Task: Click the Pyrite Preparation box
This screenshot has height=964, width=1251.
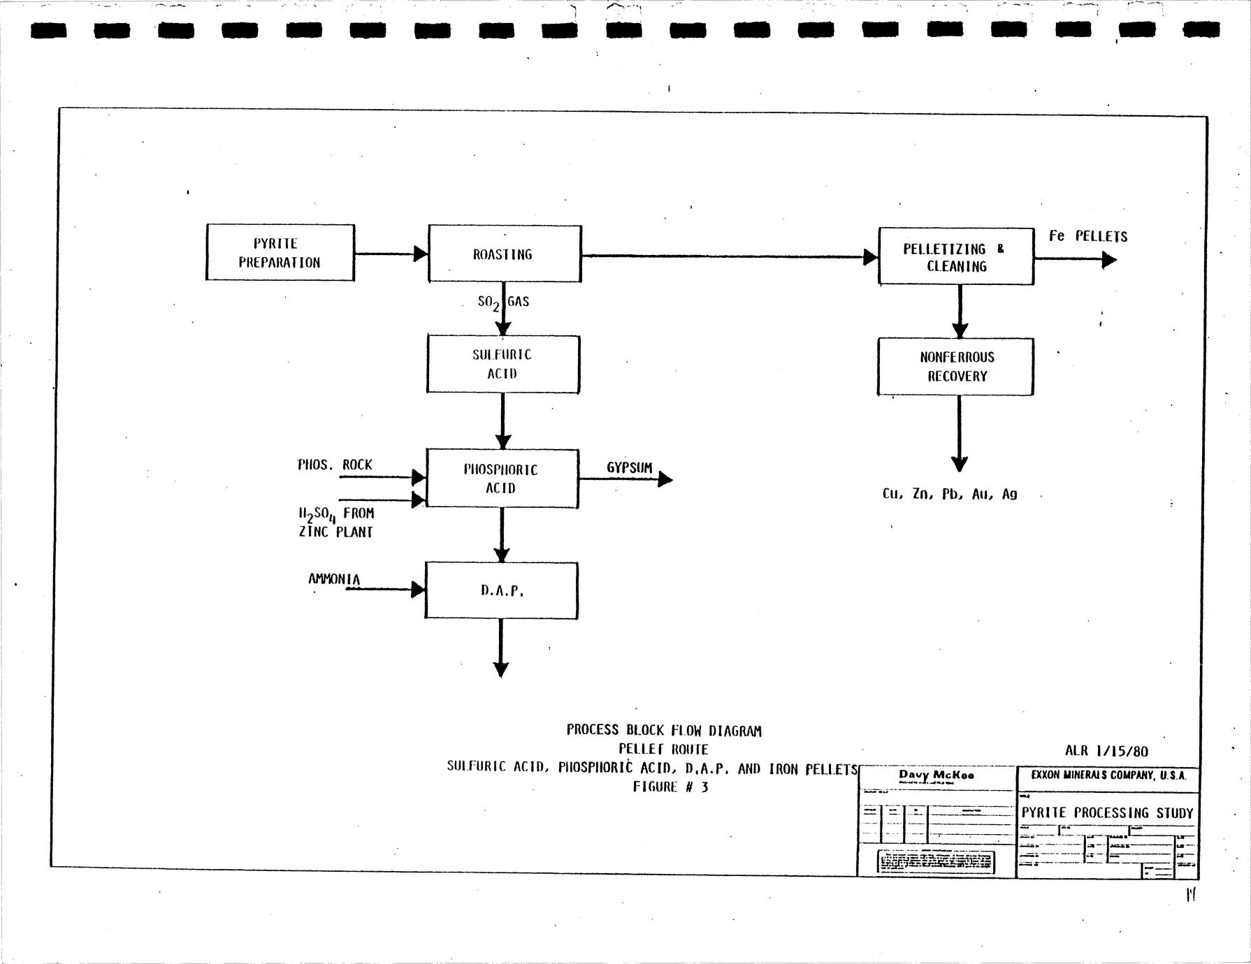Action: coord(280,253)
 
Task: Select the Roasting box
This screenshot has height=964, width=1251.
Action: coord(504,254)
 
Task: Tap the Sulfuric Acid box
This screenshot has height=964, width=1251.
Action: coord(502,364)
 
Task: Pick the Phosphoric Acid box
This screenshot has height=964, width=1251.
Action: coord(502,479)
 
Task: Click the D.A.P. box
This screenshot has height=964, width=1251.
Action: coord(501,590)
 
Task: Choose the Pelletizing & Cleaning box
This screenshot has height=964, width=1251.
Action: coord(955,257)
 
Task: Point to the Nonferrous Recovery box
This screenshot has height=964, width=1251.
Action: coord(955,367)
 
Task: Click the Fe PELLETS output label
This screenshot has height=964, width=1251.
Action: coord(1087,237)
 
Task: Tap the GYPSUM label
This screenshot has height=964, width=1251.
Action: coord(629,468)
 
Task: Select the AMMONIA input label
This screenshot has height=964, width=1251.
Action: coord(334,579)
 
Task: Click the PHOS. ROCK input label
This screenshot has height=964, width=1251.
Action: coord(335,465)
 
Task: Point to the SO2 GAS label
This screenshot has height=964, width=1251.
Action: coord(503,302)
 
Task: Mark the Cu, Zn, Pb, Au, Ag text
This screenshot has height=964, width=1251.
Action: coord(949,494)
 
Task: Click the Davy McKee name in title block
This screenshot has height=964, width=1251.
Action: coord(937,775)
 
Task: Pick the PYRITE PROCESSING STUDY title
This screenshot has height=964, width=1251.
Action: coord(1107,812)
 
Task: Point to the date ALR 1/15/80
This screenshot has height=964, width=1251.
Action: coord(1106,752)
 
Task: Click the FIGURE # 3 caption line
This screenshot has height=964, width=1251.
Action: coord(670,787)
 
